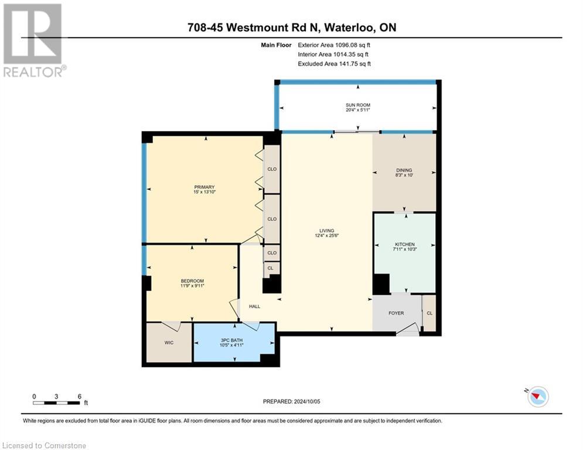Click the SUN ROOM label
pyautogui.click(x=357, y=105)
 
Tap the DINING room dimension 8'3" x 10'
pyautogui.click(x=404, y=175)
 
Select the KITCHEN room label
pyautogui.click(x=404, y=244)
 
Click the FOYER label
pyautogui.click(x=396, y=313)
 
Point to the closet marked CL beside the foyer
pyautogui.click(x=429, y=313)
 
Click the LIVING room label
pyautogui.click(x=327, y=230)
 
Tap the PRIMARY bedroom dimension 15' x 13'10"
pyautogui.click(x=205, y=192)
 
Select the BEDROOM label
pyautogui.click(x=192, y=281)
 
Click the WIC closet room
pyautogui.click(x=169, y=343)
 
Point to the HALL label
pyautogui.click(x=254, y=306)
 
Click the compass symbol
pyautogui.click(x=537, y=397)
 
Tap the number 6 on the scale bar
pyautogui.click(x=79, y=396)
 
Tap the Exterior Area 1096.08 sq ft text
pyautogui.click(x=334, y=45)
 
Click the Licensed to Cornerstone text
pyautogui.click(x=43, y=446)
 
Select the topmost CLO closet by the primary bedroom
pyautogui.click(x=272, y=169)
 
